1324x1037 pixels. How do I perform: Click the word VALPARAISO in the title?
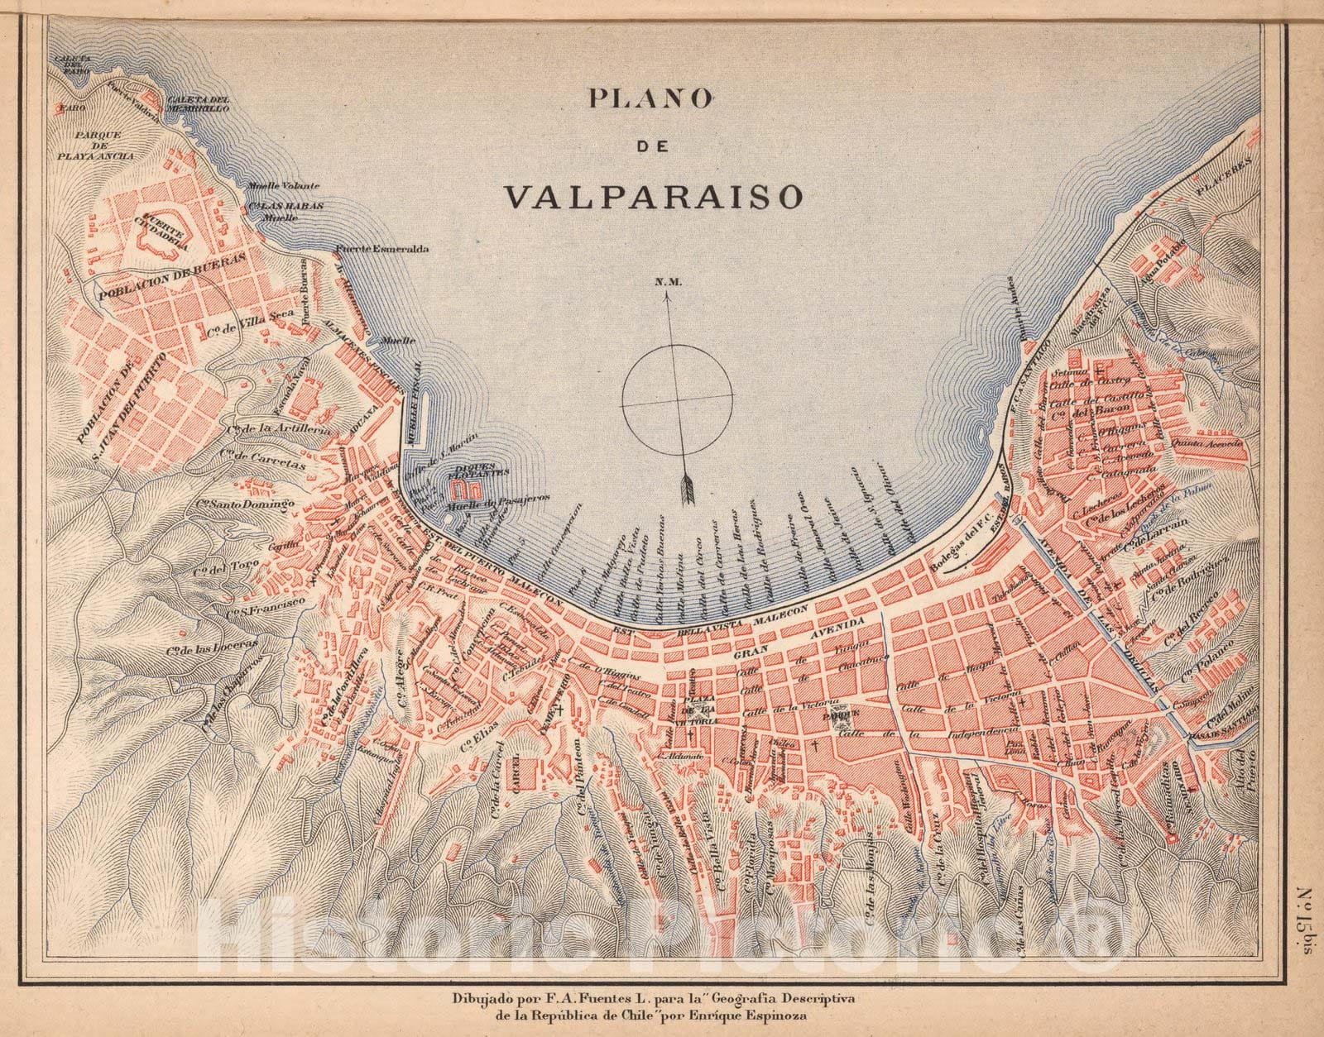pyautogui.click(x=654, y=196)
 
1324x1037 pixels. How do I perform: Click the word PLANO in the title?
pyautogui.click(x=650, y=98)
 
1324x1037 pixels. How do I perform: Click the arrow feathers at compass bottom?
pyautogui.click(x=687, y=490)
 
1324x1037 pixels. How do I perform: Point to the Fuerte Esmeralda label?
pyautogui.click(x=382, y=249)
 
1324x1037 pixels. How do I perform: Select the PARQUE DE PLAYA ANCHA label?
pyautogui.click(x=92, y=145)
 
